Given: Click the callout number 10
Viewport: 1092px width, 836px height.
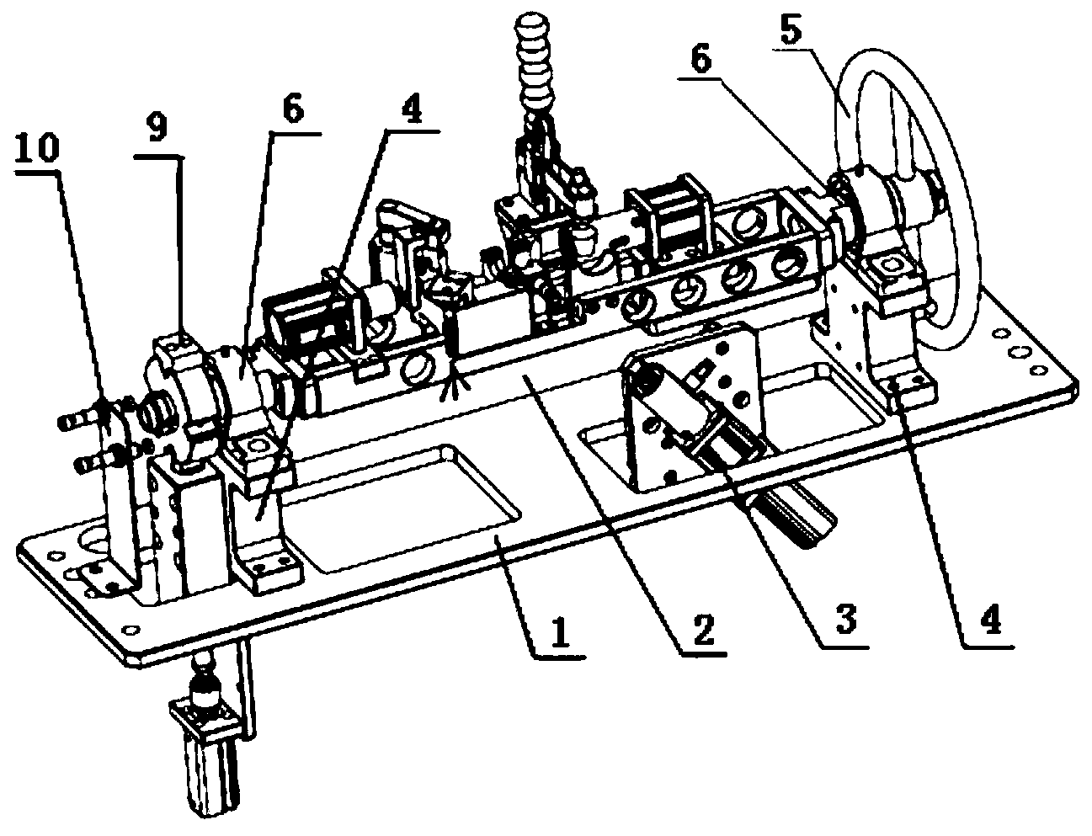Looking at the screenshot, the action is click(x=37, y=147).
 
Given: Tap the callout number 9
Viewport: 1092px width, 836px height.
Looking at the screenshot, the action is click(x=157, y=130).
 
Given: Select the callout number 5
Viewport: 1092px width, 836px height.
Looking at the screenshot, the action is click(x=790, y=28).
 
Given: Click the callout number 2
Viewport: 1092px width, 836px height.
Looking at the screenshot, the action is click(x=703, y=631).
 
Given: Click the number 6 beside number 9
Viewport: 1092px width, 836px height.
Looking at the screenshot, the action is click(x=293, y=109).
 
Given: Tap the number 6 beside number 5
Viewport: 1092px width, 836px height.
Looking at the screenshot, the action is click(x=701, y=59).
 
